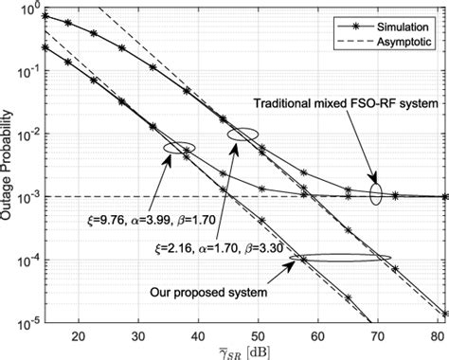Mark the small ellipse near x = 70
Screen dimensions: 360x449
pos(376,195)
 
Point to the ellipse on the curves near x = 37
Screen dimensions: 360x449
pos(179,148)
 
